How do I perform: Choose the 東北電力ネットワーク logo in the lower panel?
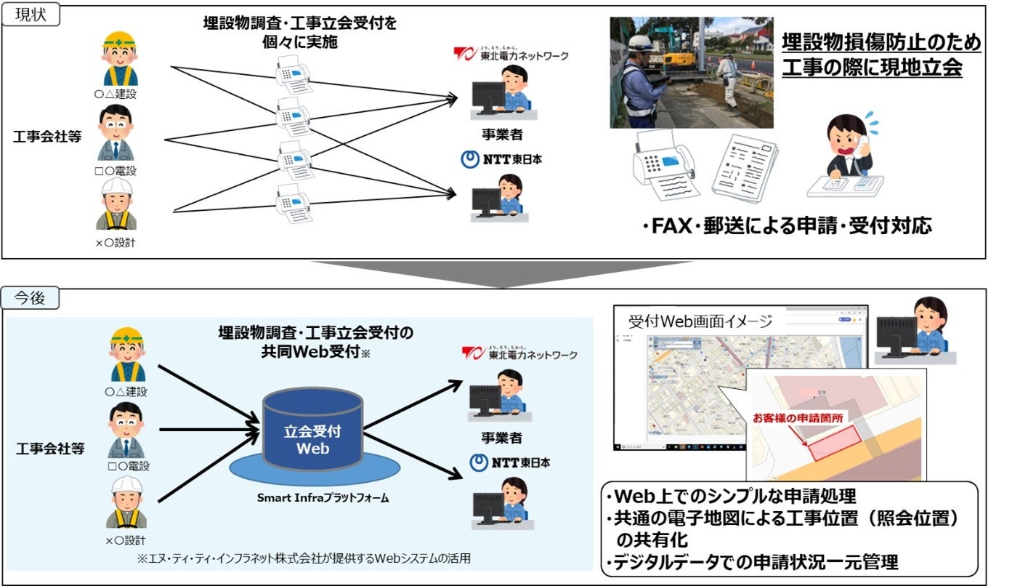point(520,353)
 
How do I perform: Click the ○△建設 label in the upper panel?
point(116,94)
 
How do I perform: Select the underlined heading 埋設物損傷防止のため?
point(881,43)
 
